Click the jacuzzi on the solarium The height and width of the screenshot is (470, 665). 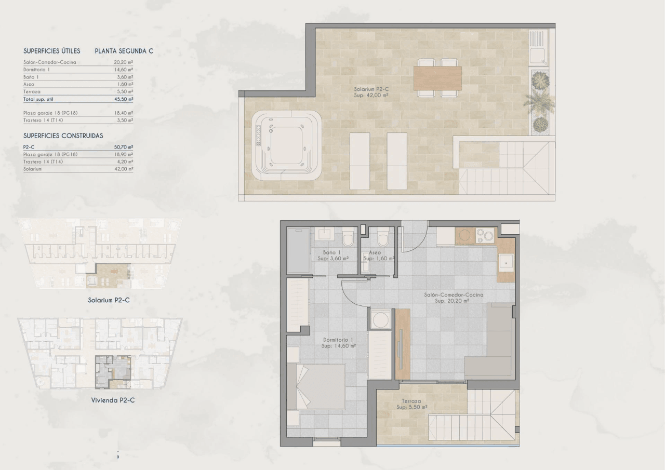286,145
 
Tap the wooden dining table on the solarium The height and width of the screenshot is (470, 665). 437,78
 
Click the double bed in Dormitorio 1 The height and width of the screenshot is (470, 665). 316,386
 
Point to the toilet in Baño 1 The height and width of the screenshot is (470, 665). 348,237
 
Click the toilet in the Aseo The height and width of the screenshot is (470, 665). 383,237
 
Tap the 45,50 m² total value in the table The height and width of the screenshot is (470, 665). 124,99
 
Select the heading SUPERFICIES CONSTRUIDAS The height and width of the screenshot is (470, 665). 63,136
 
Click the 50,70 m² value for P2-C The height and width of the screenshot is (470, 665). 124,147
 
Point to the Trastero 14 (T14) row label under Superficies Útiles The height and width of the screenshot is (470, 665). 43,120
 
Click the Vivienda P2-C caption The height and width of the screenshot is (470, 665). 113,400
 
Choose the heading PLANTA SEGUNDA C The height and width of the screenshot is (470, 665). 124,51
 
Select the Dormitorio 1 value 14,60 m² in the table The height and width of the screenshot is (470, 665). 124,70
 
